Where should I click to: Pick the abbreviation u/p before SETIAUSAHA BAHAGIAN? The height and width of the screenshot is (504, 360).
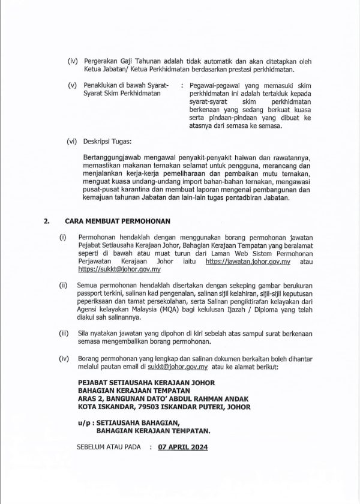[x=84, y=423]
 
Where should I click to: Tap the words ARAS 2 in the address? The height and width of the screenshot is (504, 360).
[x=91, y=397]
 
